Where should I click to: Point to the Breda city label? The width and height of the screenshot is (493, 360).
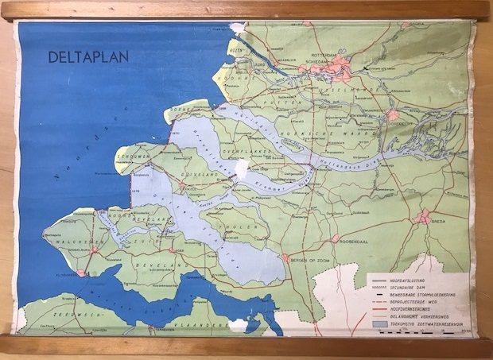coord(438,223)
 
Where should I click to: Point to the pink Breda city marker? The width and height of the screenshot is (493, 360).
coord(425,216)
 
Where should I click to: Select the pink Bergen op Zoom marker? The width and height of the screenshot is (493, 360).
coord(285,258)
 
